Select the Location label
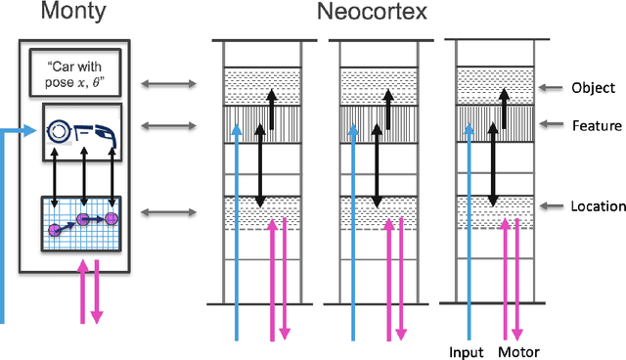point(598,205)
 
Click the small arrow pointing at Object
point(553,86)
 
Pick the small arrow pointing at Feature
point(553,125)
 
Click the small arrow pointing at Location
point(553,205)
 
